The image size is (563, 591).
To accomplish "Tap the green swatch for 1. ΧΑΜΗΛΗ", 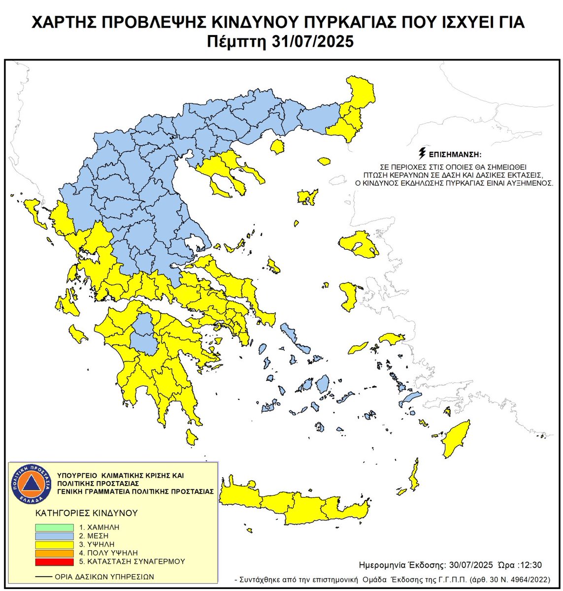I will [x=54, y=527].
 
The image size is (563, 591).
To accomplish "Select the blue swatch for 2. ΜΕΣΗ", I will [x=54, y=536].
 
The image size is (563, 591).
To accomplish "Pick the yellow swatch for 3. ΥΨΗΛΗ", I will [x=54, y=544].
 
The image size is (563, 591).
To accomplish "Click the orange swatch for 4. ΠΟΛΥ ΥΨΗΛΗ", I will [x=54, y=553].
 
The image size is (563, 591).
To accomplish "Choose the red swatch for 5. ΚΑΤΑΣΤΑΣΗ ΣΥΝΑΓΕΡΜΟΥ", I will [x=54, y=561].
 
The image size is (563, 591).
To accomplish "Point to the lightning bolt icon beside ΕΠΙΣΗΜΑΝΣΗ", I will [x=422, y=152].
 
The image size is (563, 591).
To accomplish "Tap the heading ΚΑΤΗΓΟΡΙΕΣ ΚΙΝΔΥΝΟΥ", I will [x=86, y=513].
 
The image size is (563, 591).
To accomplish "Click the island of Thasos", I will [x=278, y=146].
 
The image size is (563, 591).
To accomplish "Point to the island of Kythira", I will [x=192, y=436].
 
